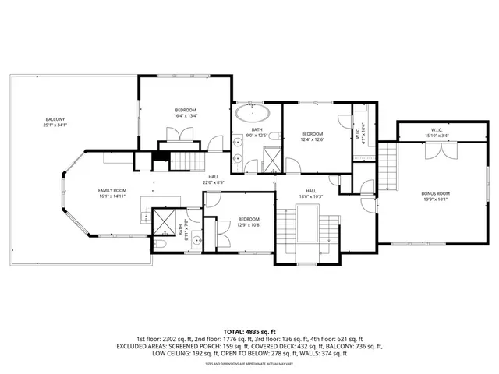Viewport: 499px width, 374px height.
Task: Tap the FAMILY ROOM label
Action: (x=112, y=191)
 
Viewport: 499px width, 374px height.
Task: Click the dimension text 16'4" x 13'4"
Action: (x=186, y=115)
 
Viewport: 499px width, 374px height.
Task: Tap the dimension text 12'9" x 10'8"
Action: (x=248, y=225)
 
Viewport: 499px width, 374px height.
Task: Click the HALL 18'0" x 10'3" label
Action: (x=310, y=192)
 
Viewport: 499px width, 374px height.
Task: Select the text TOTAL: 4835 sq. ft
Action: (x=249, y=330)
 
